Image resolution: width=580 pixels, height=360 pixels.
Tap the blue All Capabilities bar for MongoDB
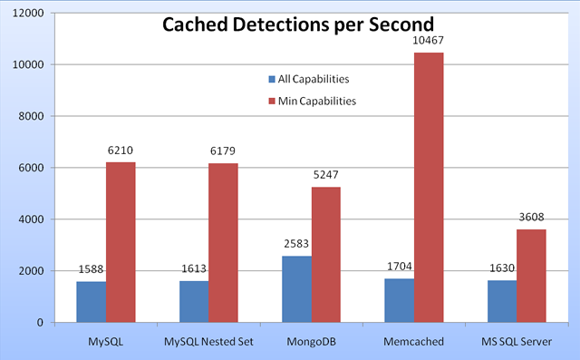click(x=296, y=288)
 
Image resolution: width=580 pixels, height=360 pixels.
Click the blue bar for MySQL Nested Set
click(x=193, y=301)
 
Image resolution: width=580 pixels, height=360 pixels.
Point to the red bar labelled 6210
click(x=121, y=242)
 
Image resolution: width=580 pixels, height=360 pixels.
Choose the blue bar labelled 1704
click(x=399, y=300)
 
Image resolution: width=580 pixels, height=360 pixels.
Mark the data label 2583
click(x=296, y=245)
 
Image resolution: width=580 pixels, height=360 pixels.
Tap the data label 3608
click(x=531, y=219)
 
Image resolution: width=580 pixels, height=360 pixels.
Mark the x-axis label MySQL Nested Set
click(x=208, y=342)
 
